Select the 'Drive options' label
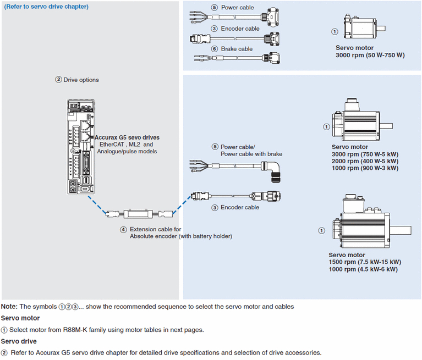(x=81, y=80)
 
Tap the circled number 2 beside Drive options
(x=58, y=80)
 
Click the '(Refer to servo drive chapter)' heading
(x=46, y=7)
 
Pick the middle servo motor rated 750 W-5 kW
(x=358, y=119)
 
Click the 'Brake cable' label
(x=237, y=49)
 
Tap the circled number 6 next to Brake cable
(x=215, y=49)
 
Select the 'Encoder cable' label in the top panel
(x=240, y=29)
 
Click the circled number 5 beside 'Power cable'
(x=215, y=8)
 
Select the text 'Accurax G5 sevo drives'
(x=128, y=137)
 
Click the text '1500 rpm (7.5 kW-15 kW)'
(x=365, y=262)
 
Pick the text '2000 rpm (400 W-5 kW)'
(x=365, y=161)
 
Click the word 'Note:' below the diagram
(x=9, y=306)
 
